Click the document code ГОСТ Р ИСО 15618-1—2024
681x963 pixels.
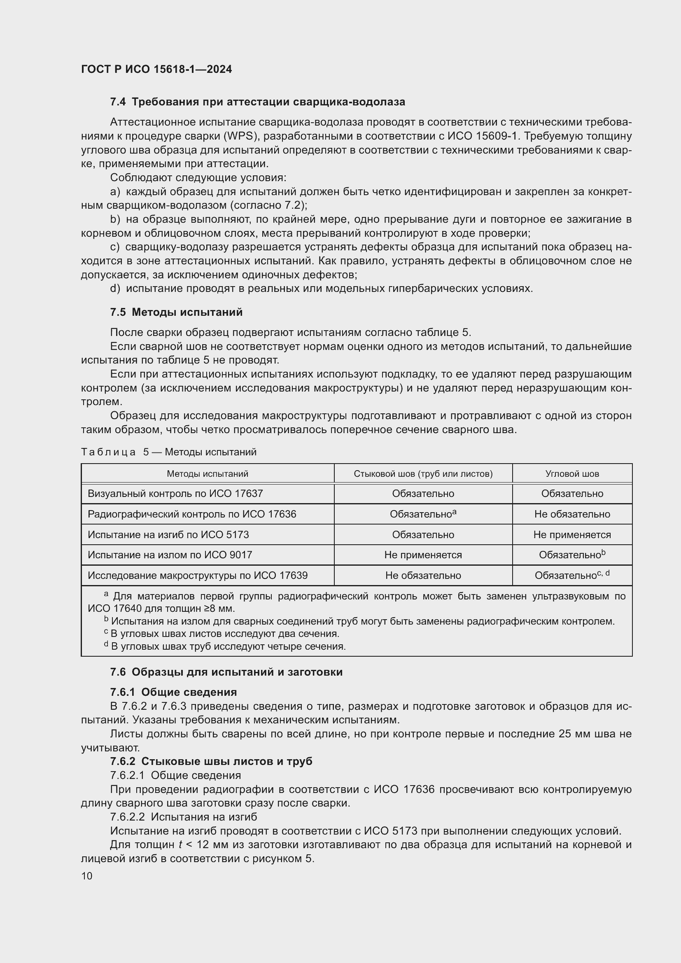click(x=156, y=69)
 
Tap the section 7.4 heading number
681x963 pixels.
click(x=118, y=102)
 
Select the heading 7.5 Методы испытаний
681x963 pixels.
click(x=176, y=312)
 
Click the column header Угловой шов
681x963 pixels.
click(x=572, y=473)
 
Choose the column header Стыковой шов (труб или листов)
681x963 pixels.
click(x=423, y=473)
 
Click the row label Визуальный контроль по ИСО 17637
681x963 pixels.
click(x=175, y=493)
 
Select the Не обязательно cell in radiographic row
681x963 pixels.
click(x=572, y=514)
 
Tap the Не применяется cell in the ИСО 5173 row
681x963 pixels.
click(x=572, y=534)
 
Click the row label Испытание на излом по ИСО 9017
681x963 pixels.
click(x=170, y=555)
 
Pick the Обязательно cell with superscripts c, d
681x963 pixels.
click(x=572, y=576)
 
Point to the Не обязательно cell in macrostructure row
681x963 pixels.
click(x=423, y=576)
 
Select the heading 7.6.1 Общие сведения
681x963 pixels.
click(x=173, y=692)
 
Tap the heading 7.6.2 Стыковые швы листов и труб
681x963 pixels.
click(x=211, y=761)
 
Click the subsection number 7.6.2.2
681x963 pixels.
click(x=128, y=816)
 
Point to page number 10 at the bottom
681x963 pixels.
click(x=87, y=876)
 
